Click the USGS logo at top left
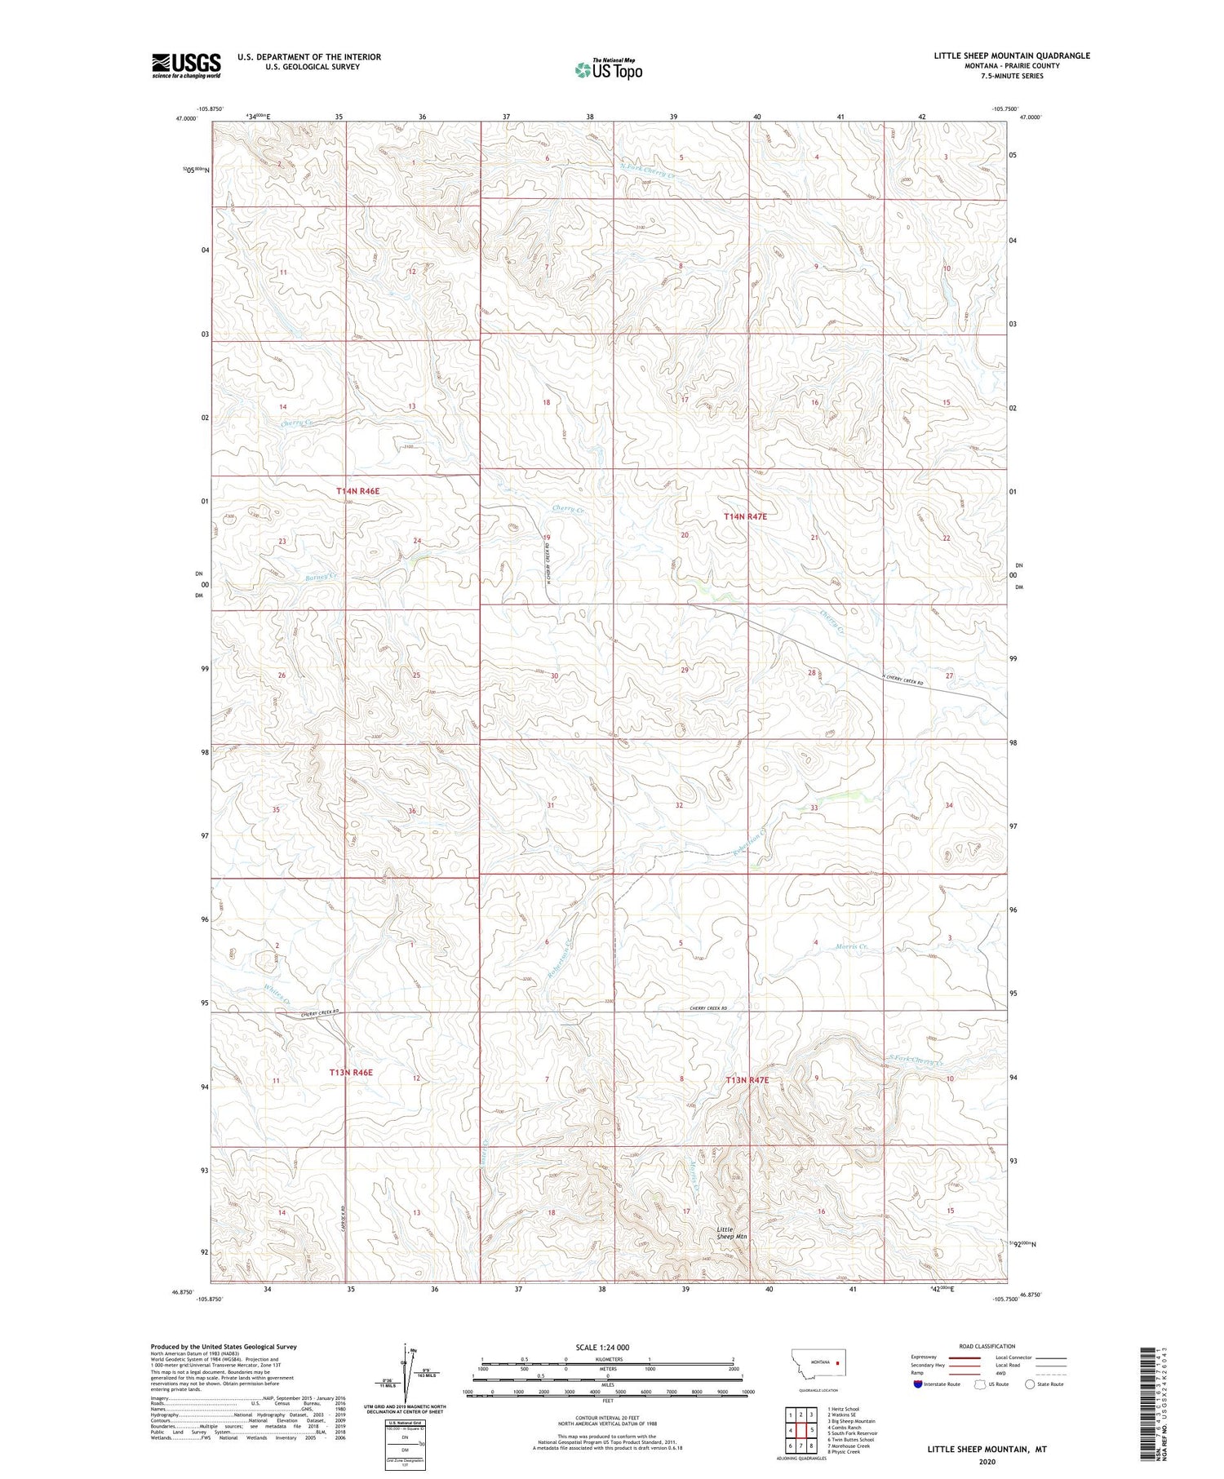pyautogui.click(x=186, y=65)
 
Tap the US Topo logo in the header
pyautogui.click(x=608, y=70)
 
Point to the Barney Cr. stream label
pyautogui.click(x=322, y=577)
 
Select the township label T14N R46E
pyautogui.click(x=358, y=492)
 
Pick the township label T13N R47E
pyautogui.click(x=747, y=1080)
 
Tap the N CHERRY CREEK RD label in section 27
pyautogui.click(x=908, y=678)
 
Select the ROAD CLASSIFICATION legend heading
pyautogui.click(x=987, y=1346)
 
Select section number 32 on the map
pyautogui.click(x=679, y=805)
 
